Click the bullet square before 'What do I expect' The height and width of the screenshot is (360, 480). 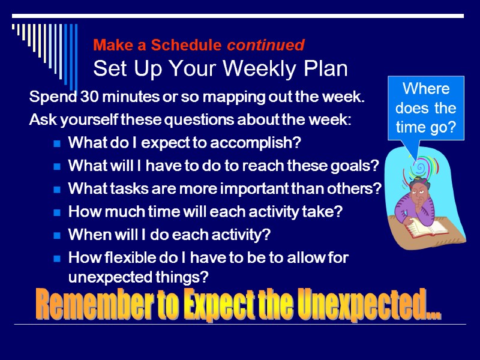click(x=56, y=143)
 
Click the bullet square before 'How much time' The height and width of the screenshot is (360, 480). click(x=56, y=212)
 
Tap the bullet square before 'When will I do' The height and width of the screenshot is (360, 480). click(x=56, y=235)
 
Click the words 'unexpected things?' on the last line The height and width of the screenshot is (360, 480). click(x=138, y=278)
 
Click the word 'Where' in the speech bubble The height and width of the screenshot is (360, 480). click(x=426, y=89)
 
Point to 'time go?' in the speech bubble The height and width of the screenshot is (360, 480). click(x=426, y=127)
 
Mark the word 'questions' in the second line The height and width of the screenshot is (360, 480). click(x=172, y=120)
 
